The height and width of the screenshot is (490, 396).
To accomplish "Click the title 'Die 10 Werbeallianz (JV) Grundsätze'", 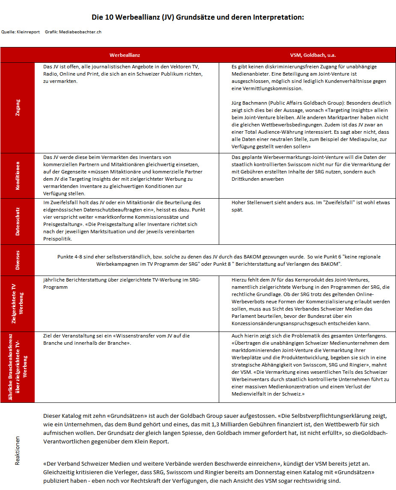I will (x=198, y=18).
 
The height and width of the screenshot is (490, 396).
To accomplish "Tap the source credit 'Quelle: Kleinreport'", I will (x=18, y=32).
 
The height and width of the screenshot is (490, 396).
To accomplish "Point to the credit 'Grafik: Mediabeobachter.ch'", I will (x=73, y=32).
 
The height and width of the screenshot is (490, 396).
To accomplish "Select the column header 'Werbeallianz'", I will (x=125, y=55).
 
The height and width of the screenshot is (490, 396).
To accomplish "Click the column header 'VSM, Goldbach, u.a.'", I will (x=307, y=55).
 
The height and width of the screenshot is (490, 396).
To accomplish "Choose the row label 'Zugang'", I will (x=18, y=107).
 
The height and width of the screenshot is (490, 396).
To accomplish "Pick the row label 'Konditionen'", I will (x=18, y=175).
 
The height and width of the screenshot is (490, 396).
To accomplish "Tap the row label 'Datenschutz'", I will (x=18, y=221).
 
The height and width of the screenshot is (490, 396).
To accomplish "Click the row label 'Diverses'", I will (x=18, y=260).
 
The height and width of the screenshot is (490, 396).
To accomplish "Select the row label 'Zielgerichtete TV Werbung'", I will (x=18, y=303).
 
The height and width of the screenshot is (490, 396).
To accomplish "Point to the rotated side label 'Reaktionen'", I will (x=18, y=450).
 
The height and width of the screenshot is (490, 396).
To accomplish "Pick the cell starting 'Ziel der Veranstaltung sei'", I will (x=126, y=339).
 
